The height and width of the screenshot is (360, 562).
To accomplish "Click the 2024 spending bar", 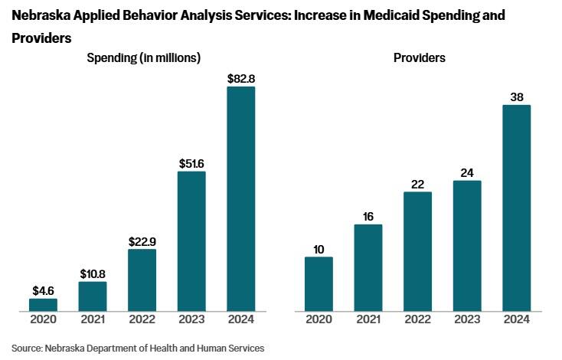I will pyautogui.click(x=240, y=199).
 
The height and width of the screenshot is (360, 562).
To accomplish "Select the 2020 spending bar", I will pyautogui.click(x=43, y=305).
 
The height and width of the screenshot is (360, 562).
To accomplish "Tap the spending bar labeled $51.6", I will pyautogui.click(x=191, y=241).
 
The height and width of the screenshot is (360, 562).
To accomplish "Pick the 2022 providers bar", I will pyautogui.click(x=417, y=251).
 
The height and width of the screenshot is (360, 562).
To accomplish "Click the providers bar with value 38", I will pyautogui.click(x=516, y=208).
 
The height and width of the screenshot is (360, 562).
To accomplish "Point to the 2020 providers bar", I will pyautogui.click(x=319, y=284).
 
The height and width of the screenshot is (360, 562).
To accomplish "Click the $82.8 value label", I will pyautogui.click(x=241, y=78).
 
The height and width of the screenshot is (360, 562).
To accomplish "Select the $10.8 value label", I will pyautogui.click(x=93, y=273).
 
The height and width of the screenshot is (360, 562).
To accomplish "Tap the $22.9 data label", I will pyautogui.click(x=142, y=241).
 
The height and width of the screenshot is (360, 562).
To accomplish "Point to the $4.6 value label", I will pyautogui.click(x=44, y=290).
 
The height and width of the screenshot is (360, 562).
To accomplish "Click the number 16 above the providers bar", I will pyautogui.click(x=368, y=217).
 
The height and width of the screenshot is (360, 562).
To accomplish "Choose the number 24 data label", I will pyautogui.click(x=467, y=172).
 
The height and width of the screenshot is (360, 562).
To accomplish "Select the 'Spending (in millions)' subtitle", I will pyautogui.click(x=144, y=57).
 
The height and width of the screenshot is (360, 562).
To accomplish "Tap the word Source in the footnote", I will pyautogui.click(x=27, y=348).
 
